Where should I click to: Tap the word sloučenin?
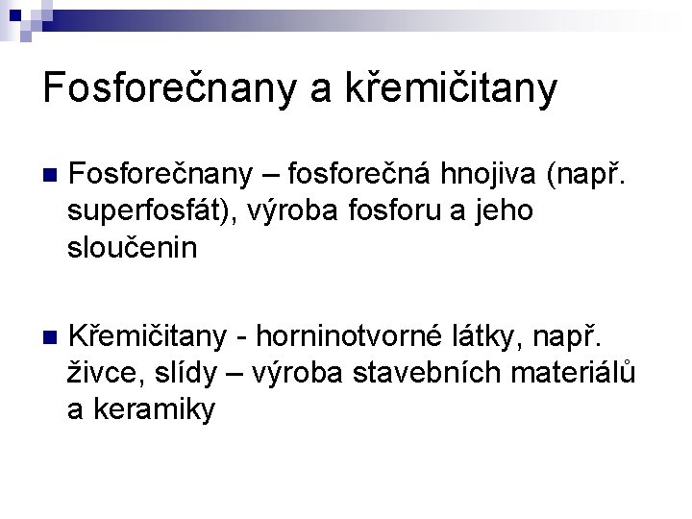tap(132, 247)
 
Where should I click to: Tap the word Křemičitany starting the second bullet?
tap(149, 337)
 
